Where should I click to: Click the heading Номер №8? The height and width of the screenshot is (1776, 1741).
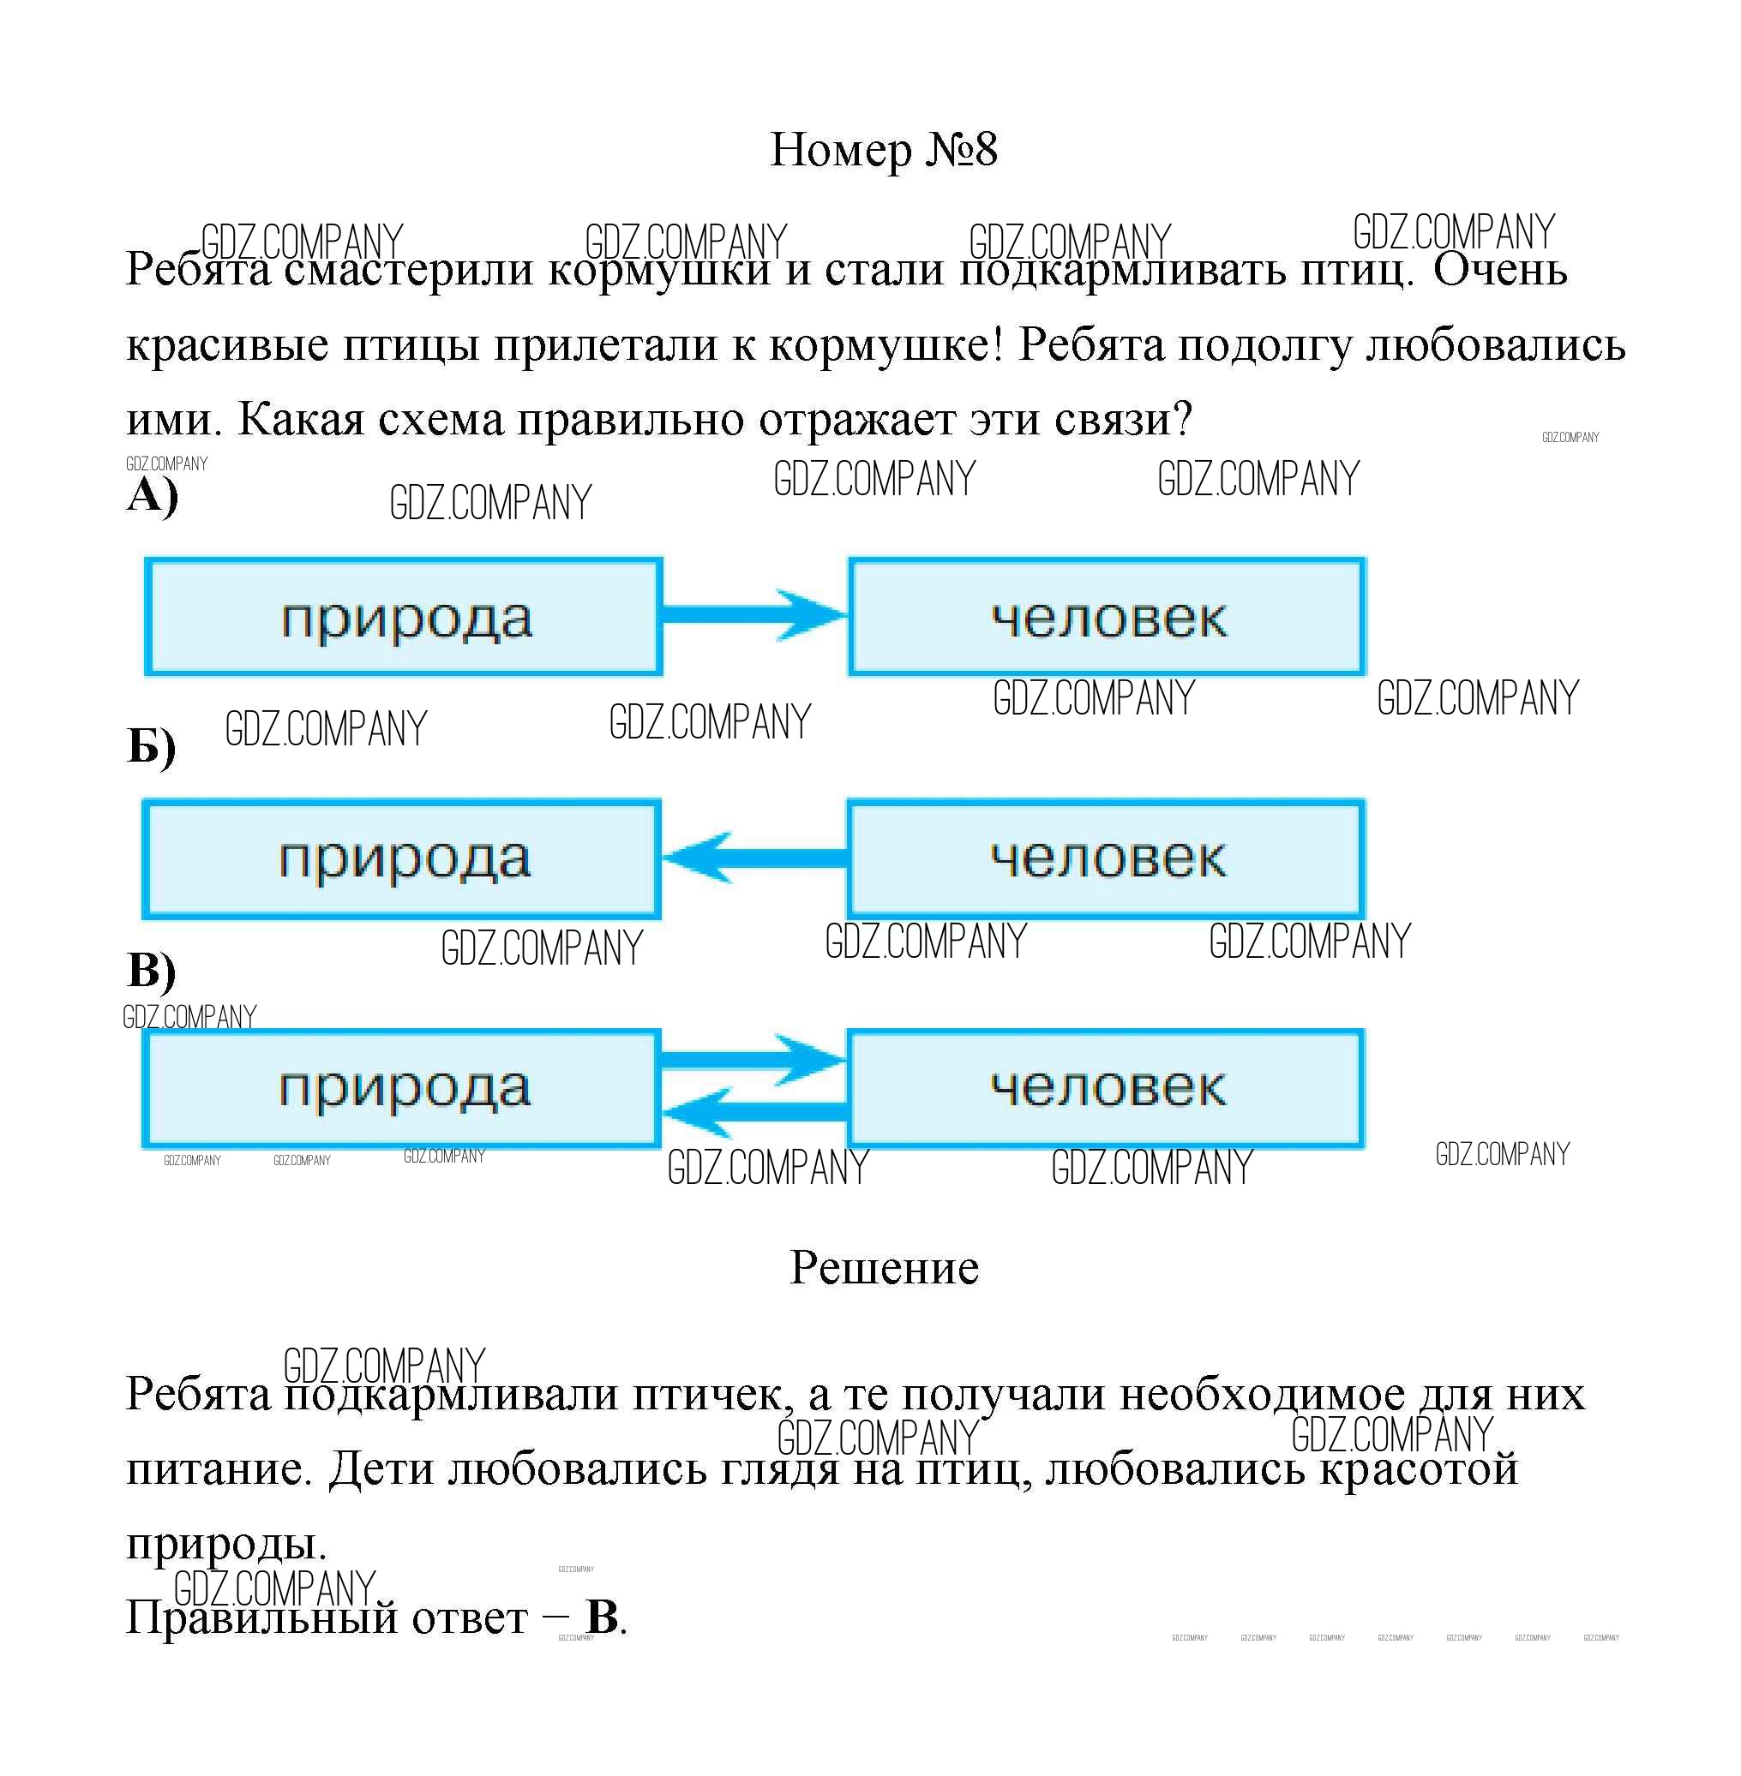pyautogui.click(x=882, y=150)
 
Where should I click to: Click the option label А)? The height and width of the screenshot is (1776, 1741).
pyautogui.click(x=152, y=496)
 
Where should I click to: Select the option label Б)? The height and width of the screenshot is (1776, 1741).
pyautogui.click(x=151, y=747)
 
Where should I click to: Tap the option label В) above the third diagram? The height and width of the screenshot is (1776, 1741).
pyautogui.click(x=151, y=970)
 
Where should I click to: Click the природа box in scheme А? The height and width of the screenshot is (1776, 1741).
pyautogui.click(x=403, y=617)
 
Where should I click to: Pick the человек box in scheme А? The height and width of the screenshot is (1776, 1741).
pyautogui.click(x=1107, y=617)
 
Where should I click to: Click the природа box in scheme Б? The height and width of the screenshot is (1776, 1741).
pyautogui.click(x=401, y=859)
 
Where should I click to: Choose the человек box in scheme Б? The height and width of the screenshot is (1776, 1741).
pyautogui.click(x=1107, y=859)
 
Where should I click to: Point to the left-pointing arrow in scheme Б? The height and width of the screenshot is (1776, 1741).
pyautogui.click(x=754, y=858)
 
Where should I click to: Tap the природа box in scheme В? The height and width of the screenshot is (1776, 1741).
pyautogui.click(x=401, y=1089)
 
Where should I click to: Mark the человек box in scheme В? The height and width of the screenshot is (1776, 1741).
pyautogui.click(x=1107, y=1089)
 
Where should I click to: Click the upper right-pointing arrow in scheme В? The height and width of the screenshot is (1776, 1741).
pyautogui.click(x=754, y=1061)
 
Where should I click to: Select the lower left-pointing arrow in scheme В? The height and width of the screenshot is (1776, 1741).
pyautogui.click(x=754, y=1112)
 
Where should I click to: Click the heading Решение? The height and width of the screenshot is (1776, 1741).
pyautogui.click(x=883, y=1268)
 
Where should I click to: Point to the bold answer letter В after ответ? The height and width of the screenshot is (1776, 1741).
pyautogui.click(x=603, y=1617)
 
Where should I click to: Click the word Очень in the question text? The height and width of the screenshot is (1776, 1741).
pyautogui.click(x=1499, y=270)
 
